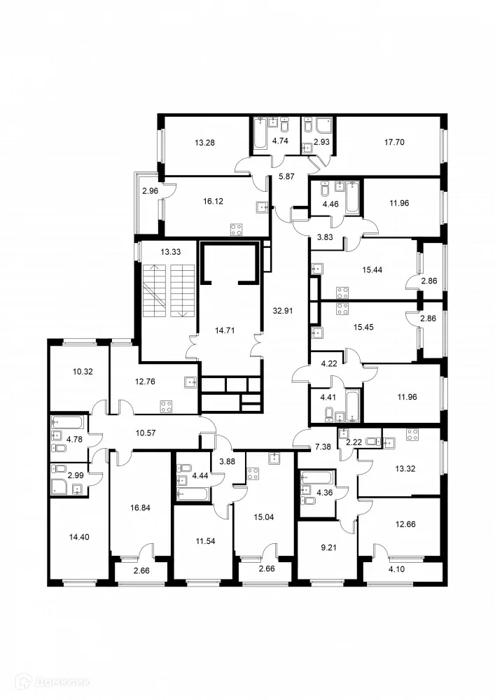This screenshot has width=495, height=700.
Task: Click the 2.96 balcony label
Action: pyautogui.click(x=150, y=191)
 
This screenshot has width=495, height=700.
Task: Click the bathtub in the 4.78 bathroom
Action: pyautogui.click(x=67, y=423)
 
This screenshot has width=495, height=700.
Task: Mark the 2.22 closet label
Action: pyautogui.click(x=354, y=442)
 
